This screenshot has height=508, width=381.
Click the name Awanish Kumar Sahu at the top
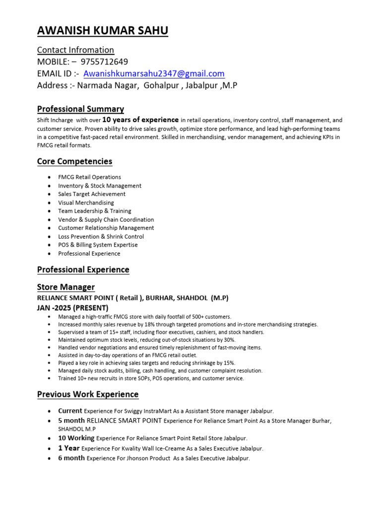tap(103, 31)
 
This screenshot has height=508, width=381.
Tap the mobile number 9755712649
tap(103, 62)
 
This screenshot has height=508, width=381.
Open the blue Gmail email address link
tap(154, 73)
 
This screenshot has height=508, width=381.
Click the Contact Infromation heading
tap(75, 50)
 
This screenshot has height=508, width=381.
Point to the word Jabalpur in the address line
tap(201, 85)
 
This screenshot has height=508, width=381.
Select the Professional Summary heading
tap(80, 109)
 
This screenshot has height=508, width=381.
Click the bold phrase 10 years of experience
tap(140, 120)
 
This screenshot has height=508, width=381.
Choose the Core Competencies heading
tap(74, 161)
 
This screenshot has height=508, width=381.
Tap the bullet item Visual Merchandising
tap(86, 202)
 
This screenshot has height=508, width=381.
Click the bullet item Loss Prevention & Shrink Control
tap(101, 237)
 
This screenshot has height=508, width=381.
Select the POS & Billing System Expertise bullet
tap(98, 245)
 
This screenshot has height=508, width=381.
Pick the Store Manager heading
tap(66, 287)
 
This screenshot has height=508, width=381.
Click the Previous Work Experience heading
tap(88, 394)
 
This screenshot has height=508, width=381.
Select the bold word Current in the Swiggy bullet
tap(70, 411)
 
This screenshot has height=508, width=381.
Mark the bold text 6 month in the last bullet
tap(71, 458)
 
